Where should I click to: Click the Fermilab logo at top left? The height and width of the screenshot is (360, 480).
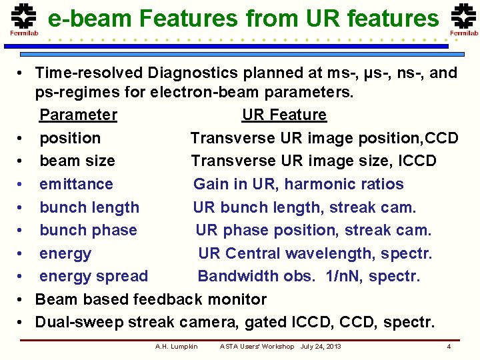pos(23,19)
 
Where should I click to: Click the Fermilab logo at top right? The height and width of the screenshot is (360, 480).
pos(463,19)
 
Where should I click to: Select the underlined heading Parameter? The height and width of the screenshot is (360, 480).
pos(78,115)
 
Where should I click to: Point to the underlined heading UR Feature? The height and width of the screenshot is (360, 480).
pos(284,115)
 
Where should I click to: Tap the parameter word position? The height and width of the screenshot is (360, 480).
pos(70,139)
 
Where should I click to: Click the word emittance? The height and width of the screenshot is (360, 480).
pos(76,184)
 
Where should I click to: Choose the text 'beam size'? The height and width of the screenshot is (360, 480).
pos(77,161)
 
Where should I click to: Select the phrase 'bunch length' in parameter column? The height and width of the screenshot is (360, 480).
pos(89,207)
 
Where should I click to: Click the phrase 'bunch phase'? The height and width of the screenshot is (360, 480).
pos(88,231)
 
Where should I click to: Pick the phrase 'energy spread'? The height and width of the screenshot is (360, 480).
pos(93,276)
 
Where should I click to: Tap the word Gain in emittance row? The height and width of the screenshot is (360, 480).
pos(211,184)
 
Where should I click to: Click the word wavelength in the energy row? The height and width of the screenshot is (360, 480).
pos(337,253)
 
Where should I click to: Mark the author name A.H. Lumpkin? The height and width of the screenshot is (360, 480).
pos(176,347)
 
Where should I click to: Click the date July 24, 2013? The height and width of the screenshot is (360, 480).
pos(321,347)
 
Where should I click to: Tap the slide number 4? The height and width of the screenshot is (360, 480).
pos(449,347)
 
